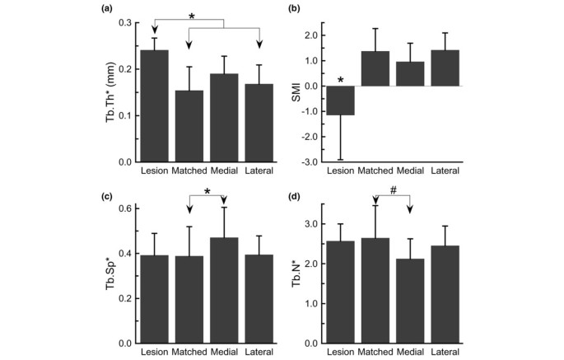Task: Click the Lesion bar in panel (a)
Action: [155, 106]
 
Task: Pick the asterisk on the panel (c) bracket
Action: [207, 191]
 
